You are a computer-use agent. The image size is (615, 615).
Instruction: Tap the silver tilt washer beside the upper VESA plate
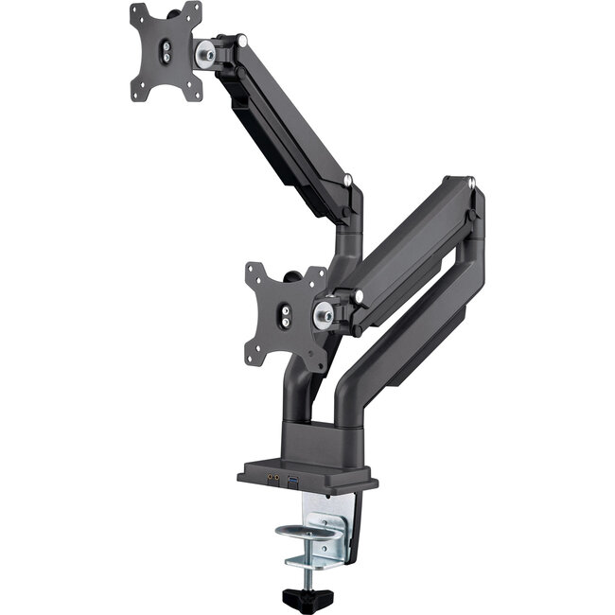coord(204,54)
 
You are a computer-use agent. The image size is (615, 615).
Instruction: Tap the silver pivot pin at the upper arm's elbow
coord(348,180)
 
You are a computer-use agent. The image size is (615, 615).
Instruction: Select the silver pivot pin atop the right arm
coord(471,180)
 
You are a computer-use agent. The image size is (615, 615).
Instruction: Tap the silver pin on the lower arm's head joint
coord(360,296)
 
